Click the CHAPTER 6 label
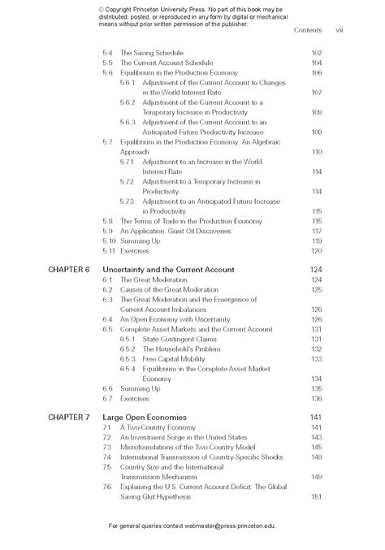pos(68,269)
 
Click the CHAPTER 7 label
pos(68,417)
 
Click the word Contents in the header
pos(308,30)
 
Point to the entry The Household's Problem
pos(180,349)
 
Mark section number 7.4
pos(107,457)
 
